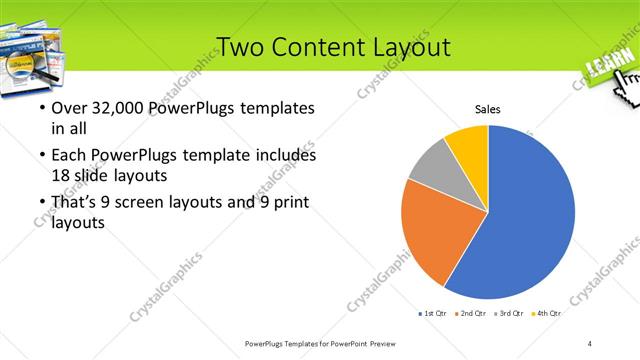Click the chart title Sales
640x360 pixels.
487,110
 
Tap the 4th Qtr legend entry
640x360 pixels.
549,313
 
